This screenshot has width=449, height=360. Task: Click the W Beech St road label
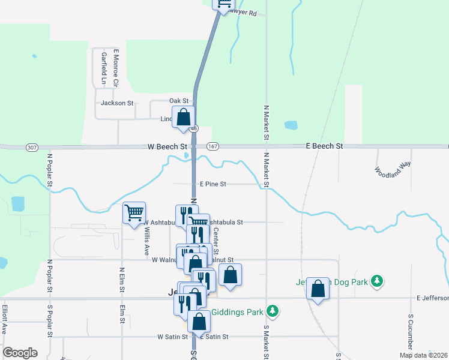tap(167, 146)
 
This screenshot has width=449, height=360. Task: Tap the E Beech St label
tap(324, 146)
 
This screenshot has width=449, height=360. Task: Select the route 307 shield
tap(32, 147)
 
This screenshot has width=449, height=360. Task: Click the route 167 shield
tap(212, 146)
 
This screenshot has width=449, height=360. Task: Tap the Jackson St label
tap(117, 103)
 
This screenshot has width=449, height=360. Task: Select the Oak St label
tap(179, 100)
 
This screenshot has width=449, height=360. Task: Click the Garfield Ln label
tap(104, 68)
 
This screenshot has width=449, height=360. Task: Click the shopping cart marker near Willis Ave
tap(134, 212)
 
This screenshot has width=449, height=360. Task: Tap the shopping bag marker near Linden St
tap(183, 116)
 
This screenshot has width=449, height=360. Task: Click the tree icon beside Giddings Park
tap(273, 311)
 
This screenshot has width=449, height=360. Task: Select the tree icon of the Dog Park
tap(376, 281)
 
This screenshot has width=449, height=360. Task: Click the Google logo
tap(20, 353)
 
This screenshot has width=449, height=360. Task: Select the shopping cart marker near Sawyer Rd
tap(224, 4)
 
